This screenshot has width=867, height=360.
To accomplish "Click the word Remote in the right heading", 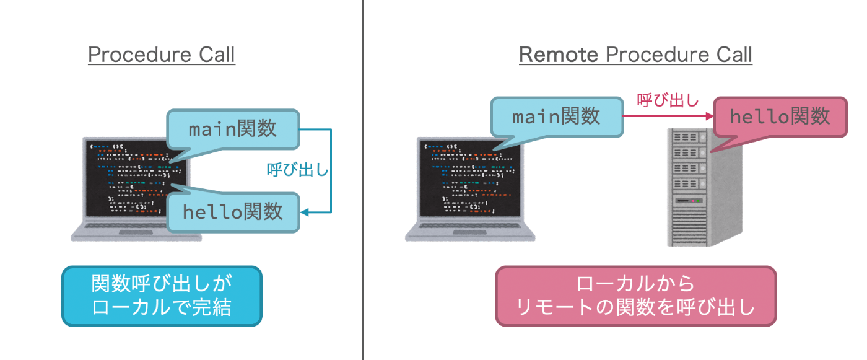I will pyautogui.click(x=558, y=55).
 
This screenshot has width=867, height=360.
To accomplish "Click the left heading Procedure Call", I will pyautogui.click(x=162, y=55).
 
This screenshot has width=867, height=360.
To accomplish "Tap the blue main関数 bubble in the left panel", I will pyautogui.click(x=233, y=130).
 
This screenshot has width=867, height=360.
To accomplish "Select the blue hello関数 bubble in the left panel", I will pyautogui.click(x=233, y=211).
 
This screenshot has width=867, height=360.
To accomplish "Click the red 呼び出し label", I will pyautogui.click(x=668, y=100).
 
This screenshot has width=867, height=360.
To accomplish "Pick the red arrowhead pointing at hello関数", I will pyautogui.click(x=710, y=116).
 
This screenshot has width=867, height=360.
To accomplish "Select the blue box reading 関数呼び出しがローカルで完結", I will pyautogui.click(x=162, y=296).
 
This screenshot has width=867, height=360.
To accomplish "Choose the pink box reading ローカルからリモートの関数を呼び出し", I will pyautogui.click(x=635, y=296).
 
